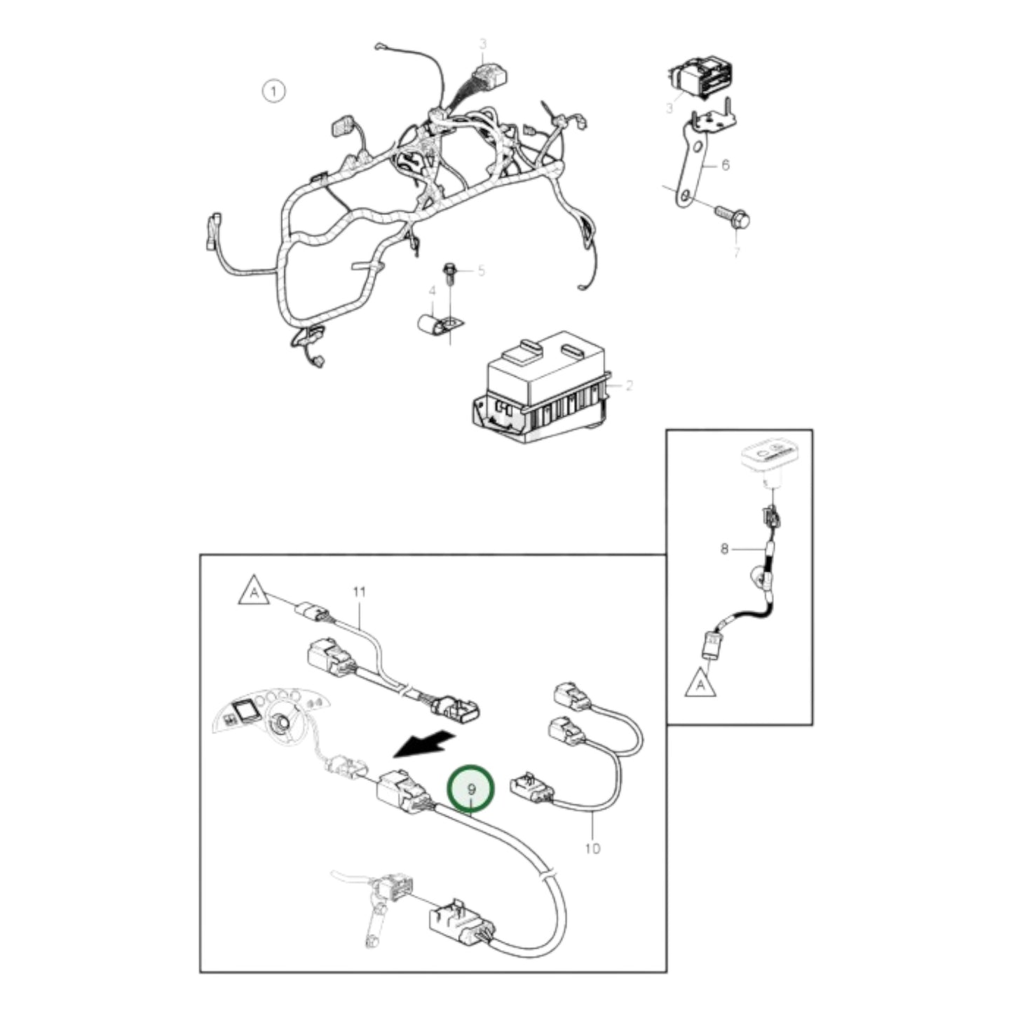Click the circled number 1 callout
coord(273,91)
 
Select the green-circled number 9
coord(472,789)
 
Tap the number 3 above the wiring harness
coord(482,44)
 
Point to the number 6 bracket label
coord(725,165)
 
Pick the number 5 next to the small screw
coord(481,271)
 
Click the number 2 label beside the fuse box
coord(629,385)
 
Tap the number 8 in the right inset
coord(724,549)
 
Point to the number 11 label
coord(359,592)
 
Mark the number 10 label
coord(592,848)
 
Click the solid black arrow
coord(423,745)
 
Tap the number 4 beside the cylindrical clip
coord(432,291)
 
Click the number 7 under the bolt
coord(735,252)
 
